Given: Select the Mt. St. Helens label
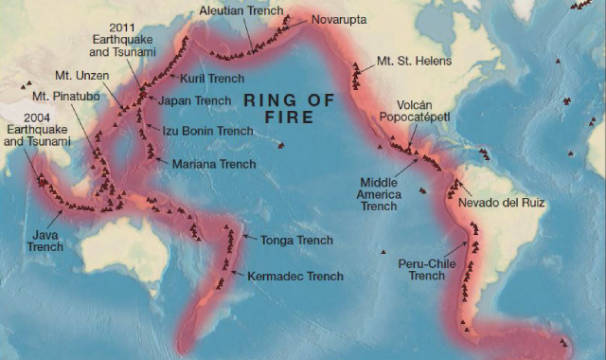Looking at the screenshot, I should (x=414, y=62).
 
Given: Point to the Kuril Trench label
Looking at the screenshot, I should (x=213, y=79).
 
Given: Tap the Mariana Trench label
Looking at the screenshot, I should (x=214, y=164).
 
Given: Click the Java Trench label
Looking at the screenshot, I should (x=45, y=240).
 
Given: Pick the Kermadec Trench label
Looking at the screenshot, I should (x=294, y=277).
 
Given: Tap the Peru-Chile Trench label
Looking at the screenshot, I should (x=427, y=268).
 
